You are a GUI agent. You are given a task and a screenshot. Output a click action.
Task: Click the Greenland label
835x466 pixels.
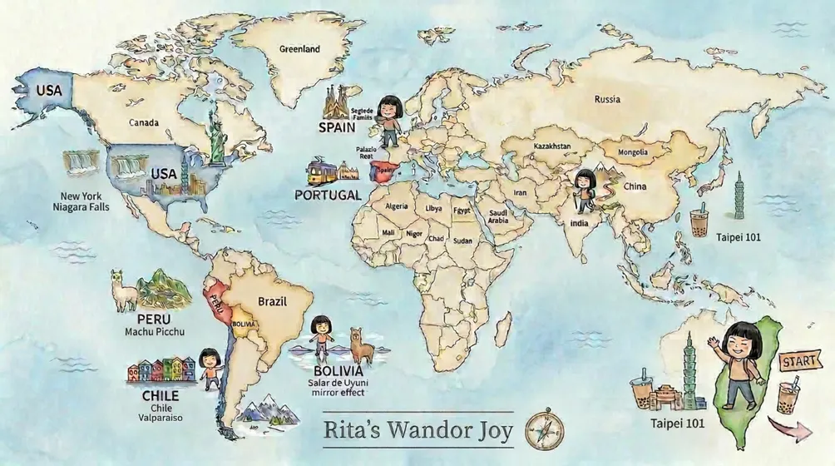click(x=299, y=50)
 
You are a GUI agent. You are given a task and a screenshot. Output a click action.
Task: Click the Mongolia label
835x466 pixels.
click(x=632, y=152)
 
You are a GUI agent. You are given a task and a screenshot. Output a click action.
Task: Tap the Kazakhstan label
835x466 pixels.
click(x=551, y=146)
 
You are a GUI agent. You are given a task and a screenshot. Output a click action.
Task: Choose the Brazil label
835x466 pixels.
click(x=272, y=300)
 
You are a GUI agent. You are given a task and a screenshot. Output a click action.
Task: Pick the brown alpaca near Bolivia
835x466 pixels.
click(x=361, y=345)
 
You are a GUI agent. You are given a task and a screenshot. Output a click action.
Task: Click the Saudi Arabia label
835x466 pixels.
click(x=498, y=216)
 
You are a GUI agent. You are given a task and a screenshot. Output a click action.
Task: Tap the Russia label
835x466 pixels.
click(x=607, y=100)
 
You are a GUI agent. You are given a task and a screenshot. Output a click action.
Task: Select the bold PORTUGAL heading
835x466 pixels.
click(x=328, y=195)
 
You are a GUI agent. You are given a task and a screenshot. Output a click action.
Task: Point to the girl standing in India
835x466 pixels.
click(x=584, y=190)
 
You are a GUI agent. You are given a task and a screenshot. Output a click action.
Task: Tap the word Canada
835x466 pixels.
click(x=144, y=123)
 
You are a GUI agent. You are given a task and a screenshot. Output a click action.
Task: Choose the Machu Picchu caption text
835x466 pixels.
click(x=154, y=332)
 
